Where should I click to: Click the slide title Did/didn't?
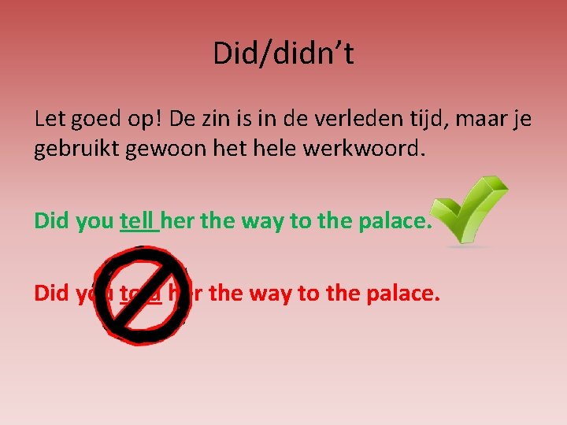click(283, 54)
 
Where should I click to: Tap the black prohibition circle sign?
click(142, 294)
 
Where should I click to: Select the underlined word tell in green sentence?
click(139, 221)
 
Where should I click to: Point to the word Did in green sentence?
click(51, 221)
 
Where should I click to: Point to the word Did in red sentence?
click(51, 293)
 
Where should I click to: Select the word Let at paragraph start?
click(49, 120)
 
